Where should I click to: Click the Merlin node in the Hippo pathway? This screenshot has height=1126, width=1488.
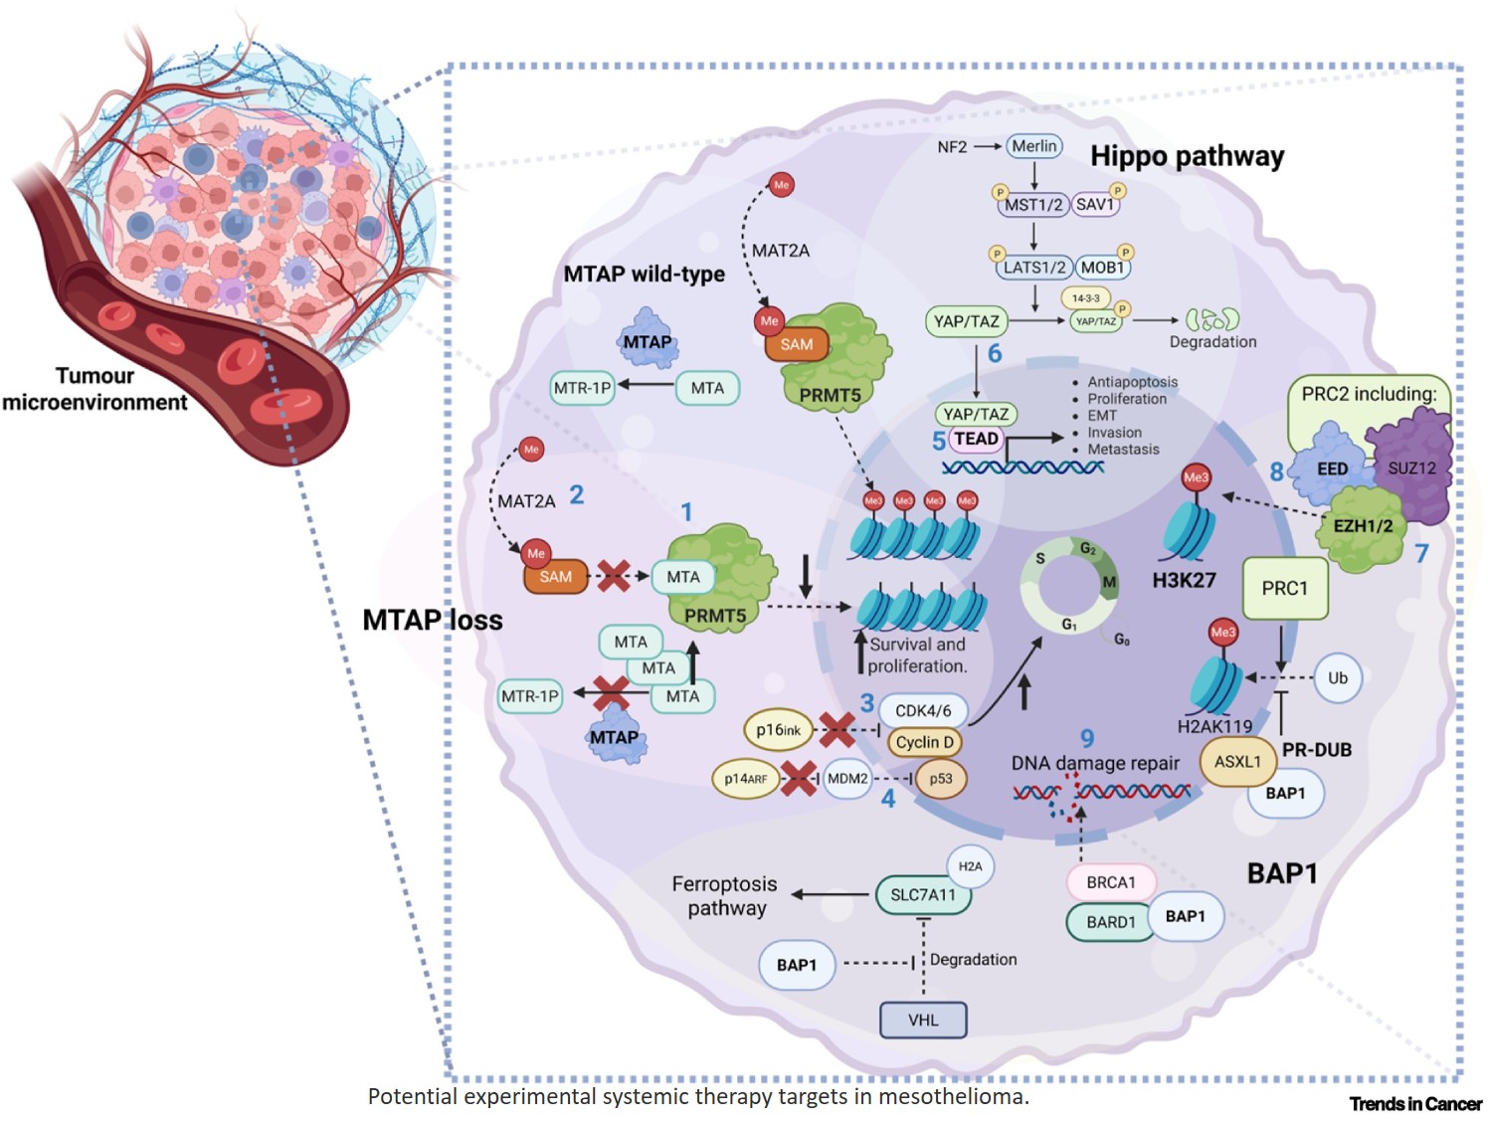1034,146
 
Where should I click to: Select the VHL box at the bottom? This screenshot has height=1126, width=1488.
923,1020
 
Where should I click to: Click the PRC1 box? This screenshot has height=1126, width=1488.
1284,589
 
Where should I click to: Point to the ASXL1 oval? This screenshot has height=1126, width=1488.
1237,762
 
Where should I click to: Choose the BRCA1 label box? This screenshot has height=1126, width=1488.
1111,882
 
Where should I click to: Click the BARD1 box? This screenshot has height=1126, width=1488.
1110,922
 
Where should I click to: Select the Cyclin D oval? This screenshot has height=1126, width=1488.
924,742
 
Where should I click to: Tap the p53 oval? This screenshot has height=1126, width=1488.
941,779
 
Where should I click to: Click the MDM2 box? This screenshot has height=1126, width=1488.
847,779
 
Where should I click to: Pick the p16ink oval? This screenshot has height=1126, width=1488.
779,730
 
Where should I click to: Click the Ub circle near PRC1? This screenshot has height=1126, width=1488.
1338,678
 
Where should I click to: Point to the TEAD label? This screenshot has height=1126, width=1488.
976,439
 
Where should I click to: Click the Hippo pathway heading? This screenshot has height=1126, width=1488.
1187,156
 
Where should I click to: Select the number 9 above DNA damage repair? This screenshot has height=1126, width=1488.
1087,738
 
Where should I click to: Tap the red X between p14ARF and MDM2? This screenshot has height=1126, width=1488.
799,779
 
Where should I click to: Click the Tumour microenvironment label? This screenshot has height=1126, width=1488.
94,389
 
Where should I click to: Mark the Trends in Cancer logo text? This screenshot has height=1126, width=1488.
1414,1104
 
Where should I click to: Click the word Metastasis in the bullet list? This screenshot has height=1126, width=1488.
1123,450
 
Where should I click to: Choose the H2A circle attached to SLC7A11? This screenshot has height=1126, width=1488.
970,866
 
